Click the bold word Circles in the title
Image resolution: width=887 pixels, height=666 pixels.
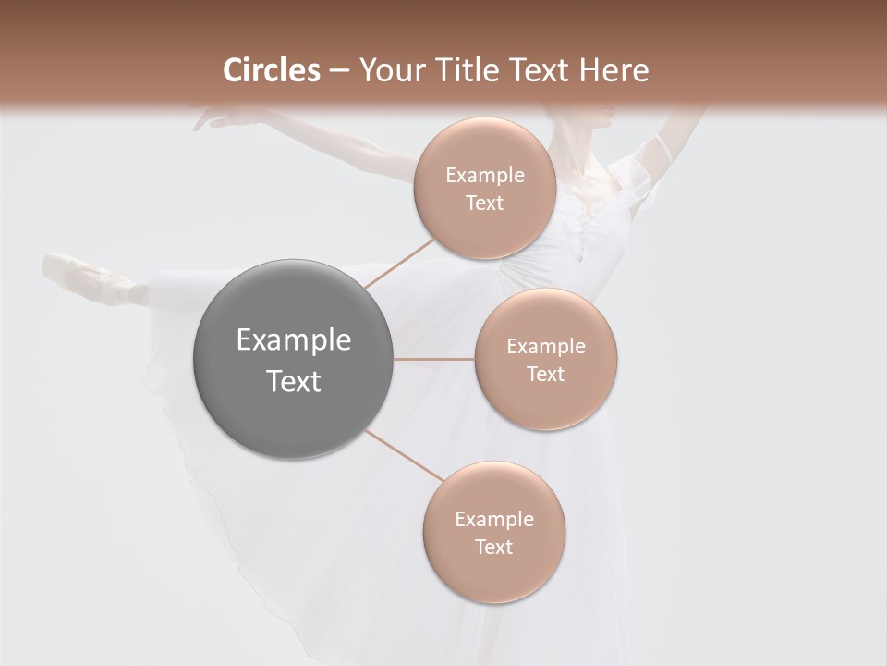point(271,70)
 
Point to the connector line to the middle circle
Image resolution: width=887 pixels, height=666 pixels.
point(434,358)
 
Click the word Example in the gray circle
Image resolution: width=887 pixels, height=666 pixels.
point(293,340)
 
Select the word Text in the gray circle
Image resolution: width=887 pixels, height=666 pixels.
point(293,381)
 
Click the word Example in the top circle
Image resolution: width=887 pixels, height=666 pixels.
point(484,176)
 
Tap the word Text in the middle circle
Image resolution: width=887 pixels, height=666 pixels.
point(545,374)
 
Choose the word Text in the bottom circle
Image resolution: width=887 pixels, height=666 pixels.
point(493,547)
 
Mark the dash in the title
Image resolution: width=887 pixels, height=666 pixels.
point(339,70)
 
